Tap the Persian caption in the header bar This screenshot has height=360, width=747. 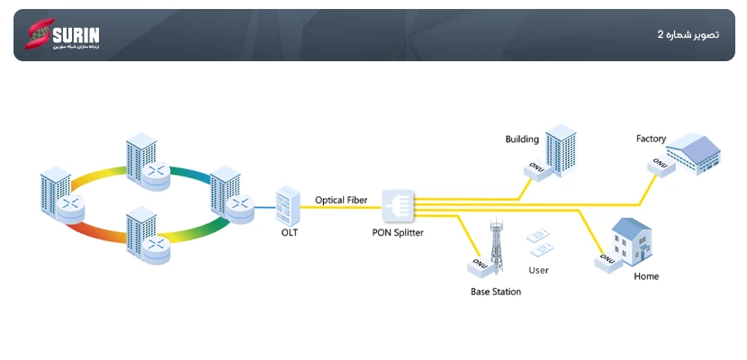(x=688, y=35)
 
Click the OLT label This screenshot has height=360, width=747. (x=289, y=232)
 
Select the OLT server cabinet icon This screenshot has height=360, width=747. (x=288, y=206)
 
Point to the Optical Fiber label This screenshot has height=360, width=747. (x=340, y=198)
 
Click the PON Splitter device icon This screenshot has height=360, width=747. (x=398, y=207)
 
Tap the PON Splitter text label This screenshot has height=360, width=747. (x=398, y=232)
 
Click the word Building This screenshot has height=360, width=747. (x=522, y=139)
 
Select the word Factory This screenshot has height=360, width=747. (x=651, y=139)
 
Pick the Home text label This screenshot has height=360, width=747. (x=646, y=276)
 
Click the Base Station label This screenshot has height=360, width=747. (x=496, y=292)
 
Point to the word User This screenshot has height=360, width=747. (x=539, y=270)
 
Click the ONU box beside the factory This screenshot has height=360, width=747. (x=660, y=166)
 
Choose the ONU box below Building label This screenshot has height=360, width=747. (x=539, y=170)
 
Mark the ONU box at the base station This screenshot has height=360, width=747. (x=479, y=266)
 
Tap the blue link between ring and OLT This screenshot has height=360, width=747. (x=264, y=206)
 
